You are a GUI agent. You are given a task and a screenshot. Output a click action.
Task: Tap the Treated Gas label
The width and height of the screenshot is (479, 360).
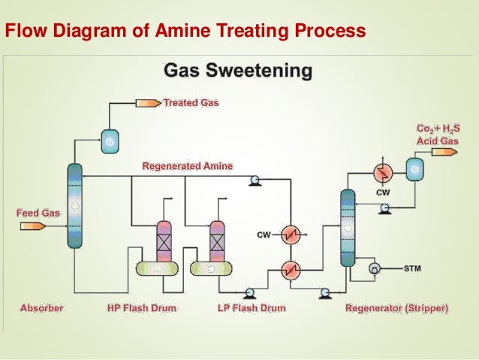191,102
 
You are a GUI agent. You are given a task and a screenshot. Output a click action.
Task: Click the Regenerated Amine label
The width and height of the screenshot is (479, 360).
188,165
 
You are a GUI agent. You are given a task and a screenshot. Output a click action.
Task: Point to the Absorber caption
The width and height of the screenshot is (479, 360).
42,308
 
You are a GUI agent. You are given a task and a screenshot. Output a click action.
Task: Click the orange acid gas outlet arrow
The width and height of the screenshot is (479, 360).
444,152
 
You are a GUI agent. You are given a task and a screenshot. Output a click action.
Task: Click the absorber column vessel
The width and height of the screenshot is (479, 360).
74,205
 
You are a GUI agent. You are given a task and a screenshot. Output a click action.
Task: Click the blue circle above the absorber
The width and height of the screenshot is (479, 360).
110,139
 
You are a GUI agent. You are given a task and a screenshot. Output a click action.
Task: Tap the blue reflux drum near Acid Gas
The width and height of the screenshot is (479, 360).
414,170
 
